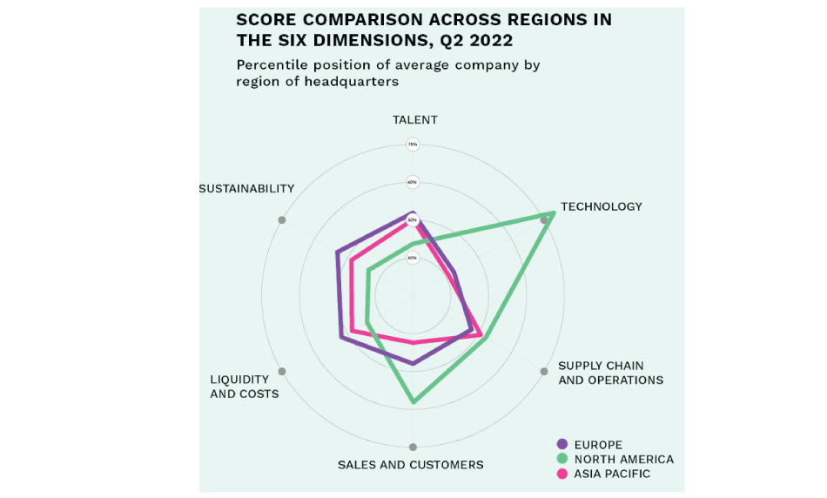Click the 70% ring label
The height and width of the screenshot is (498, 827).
tap(413, 145)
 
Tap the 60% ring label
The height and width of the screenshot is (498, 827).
tap(413, 183)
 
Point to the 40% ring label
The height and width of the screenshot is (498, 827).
tap(413, 258)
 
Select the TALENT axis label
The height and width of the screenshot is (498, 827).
tap(414, 120)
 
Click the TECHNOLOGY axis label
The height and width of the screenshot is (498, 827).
tap(601, 207)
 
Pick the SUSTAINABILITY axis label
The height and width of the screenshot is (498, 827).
tap(246, 189)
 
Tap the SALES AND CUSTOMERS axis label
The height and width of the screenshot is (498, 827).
tap(410, 465)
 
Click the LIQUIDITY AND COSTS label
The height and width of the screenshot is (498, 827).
tap(245, 387)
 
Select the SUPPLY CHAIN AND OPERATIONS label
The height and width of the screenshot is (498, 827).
tap(610, 373)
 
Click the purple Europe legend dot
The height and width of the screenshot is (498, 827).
tap(561, 445)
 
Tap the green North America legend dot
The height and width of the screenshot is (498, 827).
tap(561, 460)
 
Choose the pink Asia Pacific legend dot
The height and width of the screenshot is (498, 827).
tap(561, 474)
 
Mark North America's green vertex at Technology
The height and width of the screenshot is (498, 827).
tap(552, 213)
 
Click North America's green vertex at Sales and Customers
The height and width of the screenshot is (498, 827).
tap(413, 402)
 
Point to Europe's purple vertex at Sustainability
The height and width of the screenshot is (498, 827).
tap(337, 253)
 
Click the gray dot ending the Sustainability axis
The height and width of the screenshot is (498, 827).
tap(281, 220)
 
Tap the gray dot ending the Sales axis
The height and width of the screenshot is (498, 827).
tap(413, 448)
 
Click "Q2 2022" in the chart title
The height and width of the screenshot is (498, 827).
tap(477, 40)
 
